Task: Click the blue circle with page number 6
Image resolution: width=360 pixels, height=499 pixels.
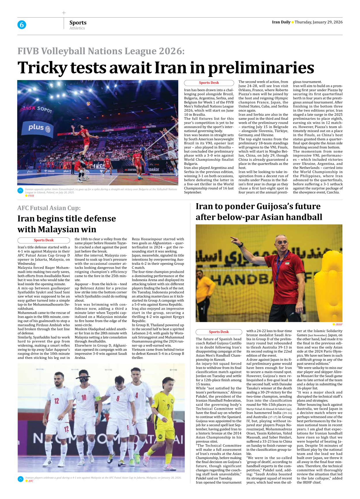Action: click(x=22, y=25)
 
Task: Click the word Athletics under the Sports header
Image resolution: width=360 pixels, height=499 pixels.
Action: click(x=77, y=28)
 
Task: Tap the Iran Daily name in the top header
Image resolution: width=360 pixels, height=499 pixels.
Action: click(x=281, y=22)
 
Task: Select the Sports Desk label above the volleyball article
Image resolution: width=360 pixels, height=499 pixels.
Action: click(x=209, y=83)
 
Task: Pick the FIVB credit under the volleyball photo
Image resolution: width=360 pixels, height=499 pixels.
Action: click(x=31, y=196)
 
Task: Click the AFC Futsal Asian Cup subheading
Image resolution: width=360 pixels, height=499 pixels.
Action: click(x=49, y=208)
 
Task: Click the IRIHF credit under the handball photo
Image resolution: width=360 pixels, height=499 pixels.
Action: click(x=339, y=324)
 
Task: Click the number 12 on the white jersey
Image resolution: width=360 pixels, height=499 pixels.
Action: click(x=57, y=401)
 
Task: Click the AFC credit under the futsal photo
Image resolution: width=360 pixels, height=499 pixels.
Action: click(x=31, y=481)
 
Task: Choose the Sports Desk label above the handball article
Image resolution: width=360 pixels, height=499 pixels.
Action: click(x=219, y=332)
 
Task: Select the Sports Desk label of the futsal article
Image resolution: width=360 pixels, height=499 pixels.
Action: click(x=43, y=240)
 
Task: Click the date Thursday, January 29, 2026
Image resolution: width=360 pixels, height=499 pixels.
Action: click(x=319, y=22)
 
